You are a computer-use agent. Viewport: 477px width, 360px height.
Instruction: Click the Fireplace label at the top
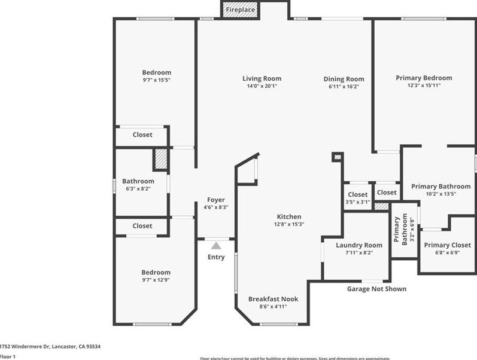tap(240, 10)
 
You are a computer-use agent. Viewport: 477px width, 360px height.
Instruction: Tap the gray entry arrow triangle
tap(216, 245)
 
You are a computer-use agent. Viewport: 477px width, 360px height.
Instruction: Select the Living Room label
tap(262, 78)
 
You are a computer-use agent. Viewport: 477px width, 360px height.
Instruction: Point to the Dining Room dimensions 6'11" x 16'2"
tap(344, 87)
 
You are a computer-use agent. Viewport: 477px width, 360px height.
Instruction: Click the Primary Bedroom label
tap(424, 78)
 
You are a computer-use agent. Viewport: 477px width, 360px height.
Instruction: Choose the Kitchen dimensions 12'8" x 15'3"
tap(289, 224)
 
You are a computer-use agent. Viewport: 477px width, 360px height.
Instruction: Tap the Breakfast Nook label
tap(273, 299)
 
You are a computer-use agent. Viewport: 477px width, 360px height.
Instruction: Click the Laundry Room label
tap(358, 245)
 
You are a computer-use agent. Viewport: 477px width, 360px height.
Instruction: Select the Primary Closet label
tap(447, 245)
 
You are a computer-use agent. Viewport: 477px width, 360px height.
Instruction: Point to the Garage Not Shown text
tap(376, 289)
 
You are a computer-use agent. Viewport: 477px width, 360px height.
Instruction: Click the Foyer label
tap(216, 200)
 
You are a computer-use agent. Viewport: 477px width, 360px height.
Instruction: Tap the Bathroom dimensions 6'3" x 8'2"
tap(138, 189)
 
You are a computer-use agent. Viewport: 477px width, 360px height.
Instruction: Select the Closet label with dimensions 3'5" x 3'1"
tap(357, 194)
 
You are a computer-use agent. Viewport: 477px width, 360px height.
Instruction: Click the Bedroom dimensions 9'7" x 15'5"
tap(156, 80)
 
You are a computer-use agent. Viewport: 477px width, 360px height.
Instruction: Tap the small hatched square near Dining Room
tap(338, 157)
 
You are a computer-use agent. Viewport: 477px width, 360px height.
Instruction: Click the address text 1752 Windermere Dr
tap(50, 346)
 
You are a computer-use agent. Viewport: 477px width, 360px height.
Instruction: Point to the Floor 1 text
tap(8, 356)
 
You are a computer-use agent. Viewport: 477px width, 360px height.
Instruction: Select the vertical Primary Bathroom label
tap(400, 230)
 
